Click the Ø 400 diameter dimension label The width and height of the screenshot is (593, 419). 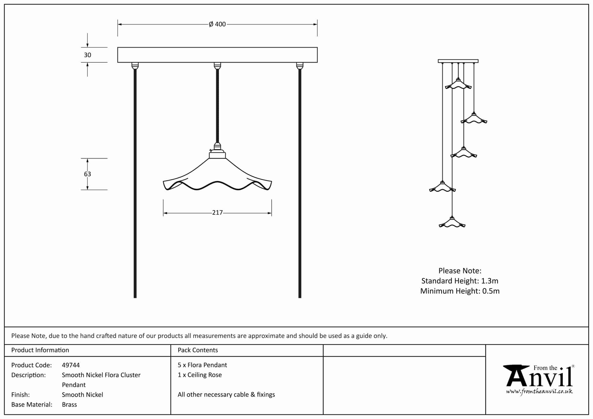click(x=217, y=24)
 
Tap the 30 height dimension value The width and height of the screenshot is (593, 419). click(x=87, y=55)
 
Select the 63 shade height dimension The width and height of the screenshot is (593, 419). click(x=87, y=174)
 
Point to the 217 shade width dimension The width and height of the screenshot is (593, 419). click(x=217, y=213)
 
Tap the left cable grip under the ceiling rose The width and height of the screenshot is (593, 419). click(x=135, y=66)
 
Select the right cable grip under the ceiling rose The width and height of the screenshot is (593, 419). click(x=300, y=66)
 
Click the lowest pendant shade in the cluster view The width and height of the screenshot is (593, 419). click(x=452, y=223)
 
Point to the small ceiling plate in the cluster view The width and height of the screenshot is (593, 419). click(x=458, y=61)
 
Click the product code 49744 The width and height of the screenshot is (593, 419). click(x=71, y=365)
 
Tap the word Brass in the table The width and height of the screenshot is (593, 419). click(x=69, y=405)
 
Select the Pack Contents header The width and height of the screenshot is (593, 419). click(x=198, y=350)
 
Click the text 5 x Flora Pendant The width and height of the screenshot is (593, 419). click(x=202, y=365)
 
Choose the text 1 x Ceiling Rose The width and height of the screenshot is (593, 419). click(x=200, y=375)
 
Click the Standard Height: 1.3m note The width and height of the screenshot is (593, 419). click(x=460, y=281)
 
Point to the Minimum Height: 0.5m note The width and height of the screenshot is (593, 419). click(x=460, y=291)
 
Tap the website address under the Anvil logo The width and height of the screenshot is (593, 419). click(x=539, y=392)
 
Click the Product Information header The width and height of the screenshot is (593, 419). click(x=40, y=350)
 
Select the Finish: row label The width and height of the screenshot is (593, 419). click(x=21, y=395)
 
